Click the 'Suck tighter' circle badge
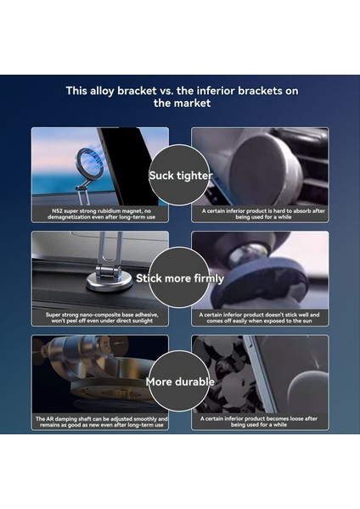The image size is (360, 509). point(179,176)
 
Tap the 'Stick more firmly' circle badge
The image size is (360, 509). point(180,277)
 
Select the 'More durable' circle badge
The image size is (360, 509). point(179,381)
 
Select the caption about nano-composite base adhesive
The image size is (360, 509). point(99,316)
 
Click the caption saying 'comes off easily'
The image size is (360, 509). point(259,316)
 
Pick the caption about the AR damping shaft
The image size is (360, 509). point(99,422)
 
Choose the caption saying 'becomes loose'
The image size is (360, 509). point(259,422)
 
